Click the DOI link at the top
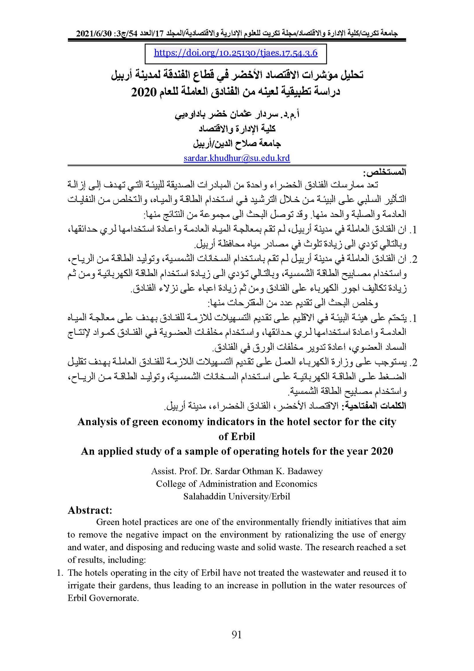[236, 53]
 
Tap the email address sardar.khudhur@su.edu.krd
[237, 158]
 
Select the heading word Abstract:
[90, 510]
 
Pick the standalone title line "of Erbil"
[236, 436]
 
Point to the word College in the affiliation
[171, 484]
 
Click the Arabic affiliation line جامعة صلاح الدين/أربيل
[237, 144]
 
